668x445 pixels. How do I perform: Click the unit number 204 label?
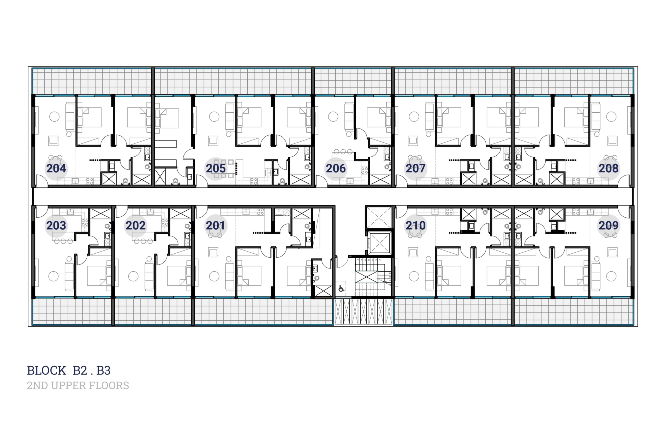56,169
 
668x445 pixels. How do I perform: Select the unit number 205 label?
216,169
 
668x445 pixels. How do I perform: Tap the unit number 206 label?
336,169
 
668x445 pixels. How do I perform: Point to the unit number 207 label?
415,169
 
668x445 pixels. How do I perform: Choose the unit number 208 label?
609,169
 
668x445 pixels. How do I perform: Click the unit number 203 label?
56,225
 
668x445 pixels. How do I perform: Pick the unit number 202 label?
136,225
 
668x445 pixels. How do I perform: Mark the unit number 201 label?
215,225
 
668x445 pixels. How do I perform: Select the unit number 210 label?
415,225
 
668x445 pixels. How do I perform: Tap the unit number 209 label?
609,225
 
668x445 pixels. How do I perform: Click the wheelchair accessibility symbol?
341,289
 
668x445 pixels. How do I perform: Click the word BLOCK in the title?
47,371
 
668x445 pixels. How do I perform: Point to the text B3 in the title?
103,371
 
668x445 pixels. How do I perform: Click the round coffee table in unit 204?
55,116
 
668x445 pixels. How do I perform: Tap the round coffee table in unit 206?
333,116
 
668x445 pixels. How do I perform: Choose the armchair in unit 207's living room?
413,141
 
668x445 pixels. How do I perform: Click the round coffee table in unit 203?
53,276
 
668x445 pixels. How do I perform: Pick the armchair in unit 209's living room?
612,252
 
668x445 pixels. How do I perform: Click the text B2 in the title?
80,371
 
